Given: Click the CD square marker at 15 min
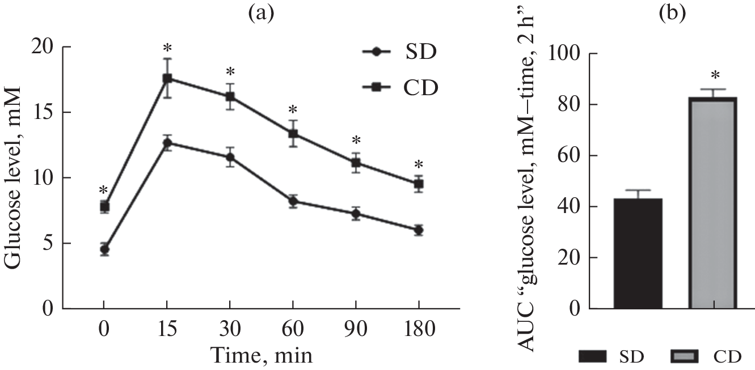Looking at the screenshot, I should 167,79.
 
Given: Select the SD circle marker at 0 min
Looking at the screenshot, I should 104,249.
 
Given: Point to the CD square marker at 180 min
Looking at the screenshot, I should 419,184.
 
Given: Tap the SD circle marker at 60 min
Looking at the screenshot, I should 293,202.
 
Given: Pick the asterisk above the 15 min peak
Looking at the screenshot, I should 167,48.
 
